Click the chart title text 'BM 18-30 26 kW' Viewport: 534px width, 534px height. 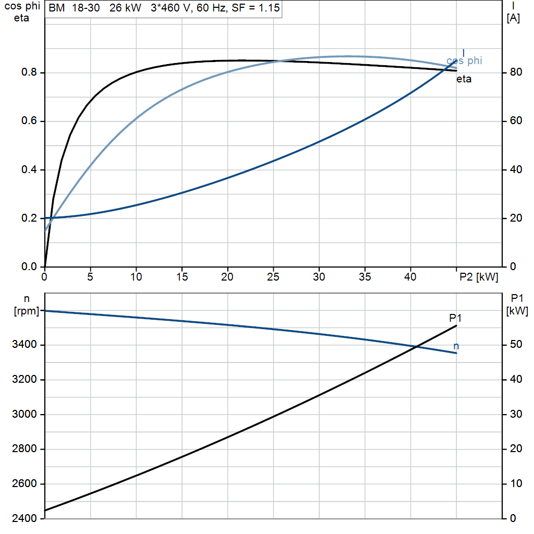95,7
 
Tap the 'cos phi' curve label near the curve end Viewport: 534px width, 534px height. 464,60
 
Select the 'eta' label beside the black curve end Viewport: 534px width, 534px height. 464,79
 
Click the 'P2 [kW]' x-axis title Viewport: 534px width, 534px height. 479,277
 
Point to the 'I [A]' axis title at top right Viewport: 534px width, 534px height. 513,12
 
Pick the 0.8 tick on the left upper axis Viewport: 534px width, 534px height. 29,72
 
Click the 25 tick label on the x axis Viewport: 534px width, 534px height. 273,277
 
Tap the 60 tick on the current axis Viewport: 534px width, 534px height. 516,120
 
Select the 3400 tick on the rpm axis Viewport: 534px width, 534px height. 24,344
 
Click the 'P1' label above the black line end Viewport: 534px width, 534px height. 455,318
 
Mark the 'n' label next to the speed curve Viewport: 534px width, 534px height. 456,346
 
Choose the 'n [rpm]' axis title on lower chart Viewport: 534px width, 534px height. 27,305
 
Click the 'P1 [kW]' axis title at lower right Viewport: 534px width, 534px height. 517,305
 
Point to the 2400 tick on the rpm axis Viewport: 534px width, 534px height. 24,518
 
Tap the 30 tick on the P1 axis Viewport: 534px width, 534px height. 516,414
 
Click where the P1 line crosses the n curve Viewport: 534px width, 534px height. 416,347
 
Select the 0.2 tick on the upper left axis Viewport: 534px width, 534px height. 29,218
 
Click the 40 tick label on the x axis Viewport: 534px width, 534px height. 410,277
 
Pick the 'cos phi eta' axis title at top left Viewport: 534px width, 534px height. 22,12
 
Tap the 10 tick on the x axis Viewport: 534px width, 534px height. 136,277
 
